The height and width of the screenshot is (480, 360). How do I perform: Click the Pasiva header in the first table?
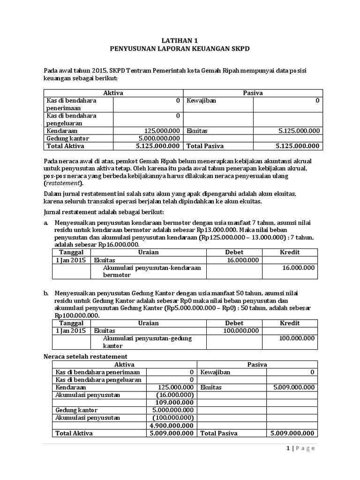[x=253, y=93]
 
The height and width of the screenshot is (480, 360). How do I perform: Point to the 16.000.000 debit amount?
[x=242, y=260]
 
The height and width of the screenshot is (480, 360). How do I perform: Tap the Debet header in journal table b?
[x=234, y=323]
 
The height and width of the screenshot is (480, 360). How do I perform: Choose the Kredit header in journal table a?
[x=290, y=252]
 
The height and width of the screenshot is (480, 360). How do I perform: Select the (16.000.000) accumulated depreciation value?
[x=174, y=395]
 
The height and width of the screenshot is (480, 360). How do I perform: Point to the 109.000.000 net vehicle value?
[x=174, y=402]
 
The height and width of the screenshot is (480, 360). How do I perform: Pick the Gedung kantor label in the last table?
[x=74, y=410]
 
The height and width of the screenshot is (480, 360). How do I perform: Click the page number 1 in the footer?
[x=288, y=448]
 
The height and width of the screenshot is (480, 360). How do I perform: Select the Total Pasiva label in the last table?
[x=219, y=433]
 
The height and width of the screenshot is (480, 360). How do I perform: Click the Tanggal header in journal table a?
[x=69, y=252]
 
